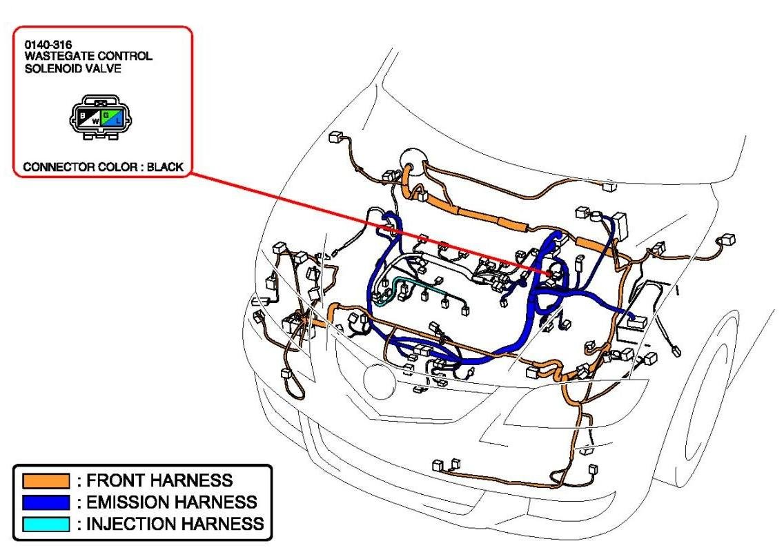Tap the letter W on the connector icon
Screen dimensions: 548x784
pyautogui.click(x=96, y=121)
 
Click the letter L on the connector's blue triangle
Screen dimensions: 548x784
pyautogui.click(x=118, y=121)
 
